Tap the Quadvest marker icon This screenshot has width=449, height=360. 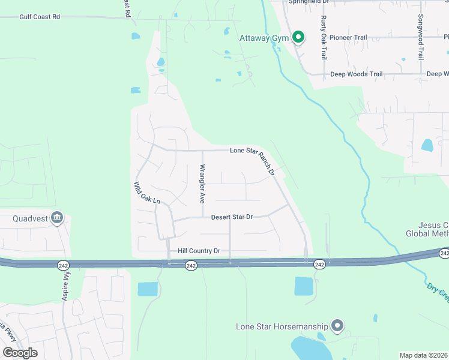[x=57, y=217]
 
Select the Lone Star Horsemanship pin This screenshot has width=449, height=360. [x=337, y=326]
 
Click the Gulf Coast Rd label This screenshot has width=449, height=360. [x=40, y=17]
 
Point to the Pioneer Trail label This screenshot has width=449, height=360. [x=348, y=37]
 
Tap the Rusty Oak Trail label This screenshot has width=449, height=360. [x=324, y=37]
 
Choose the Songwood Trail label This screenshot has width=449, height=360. [x=421, y=37]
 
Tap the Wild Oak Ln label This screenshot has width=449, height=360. [x=148, y=193]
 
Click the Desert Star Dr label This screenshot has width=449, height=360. [x=232, y=217]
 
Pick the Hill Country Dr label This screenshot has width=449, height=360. [x=199, y=251]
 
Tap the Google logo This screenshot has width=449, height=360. [x=20, y=352]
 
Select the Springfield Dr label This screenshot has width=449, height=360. [x=310, y=2]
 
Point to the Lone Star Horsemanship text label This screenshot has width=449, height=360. [x=282, y=326]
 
